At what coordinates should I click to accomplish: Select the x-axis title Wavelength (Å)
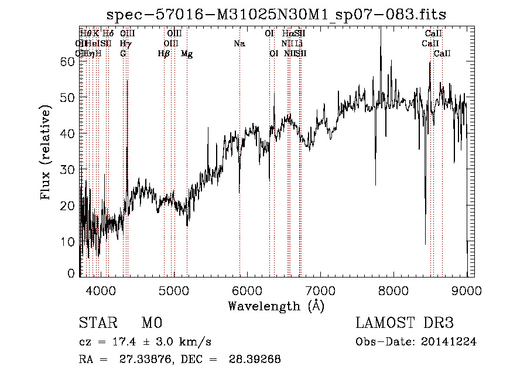tap(276, 306)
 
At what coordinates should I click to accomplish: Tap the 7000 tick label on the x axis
tap(320, 290)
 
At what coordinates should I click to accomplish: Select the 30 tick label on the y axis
tap(68, 169)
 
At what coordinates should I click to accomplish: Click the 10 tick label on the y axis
tap(68, 241)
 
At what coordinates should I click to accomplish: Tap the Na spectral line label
tap(239, 44)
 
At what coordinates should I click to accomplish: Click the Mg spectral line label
tap(187, 54)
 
